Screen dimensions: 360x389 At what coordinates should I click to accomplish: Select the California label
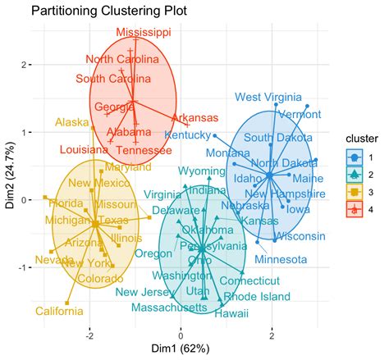point(35,311)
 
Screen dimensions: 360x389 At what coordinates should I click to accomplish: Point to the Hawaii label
point(231,312)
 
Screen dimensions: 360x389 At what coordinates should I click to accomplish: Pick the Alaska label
point(72,123)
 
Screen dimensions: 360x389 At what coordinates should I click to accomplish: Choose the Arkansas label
point(194,118)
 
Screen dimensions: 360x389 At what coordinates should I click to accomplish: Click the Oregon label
point(153,253)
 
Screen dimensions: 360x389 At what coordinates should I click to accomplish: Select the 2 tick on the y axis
point(25,64)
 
